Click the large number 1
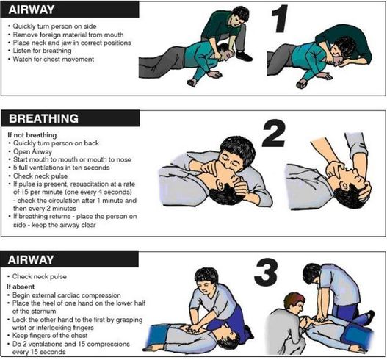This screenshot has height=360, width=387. point(280,19)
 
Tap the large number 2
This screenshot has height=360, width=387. point(274,133)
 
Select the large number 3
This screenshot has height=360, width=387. point(266,273)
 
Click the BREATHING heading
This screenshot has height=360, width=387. point(43,118)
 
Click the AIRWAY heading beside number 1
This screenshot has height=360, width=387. point(32,10)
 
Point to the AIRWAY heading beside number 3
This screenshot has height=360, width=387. point(31,260)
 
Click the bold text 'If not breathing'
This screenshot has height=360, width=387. point(32,135)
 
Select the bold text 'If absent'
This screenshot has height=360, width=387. point(21,287)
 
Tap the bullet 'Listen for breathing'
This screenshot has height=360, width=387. point(42,51)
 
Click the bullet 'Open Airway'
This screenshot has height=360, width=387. point(32,151)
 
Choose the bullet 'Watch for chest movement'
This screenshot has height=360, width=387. point(54,60)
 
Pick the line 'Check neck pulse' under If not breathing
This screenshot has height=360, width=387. point(40,176)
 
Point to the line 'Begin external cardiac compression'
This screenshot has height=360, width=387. point(66,295)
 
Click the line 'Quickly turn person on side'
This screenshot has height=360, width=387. point(54,26)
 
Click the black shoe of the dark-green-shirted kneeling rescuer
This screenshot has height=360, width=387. point(244,56)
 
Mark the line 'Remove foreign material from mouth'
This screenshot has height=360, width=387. point(68,35)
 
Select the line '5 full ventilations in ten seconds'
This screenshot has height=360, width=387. point(62,168)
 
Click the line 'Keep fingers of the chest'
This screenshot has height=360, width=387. point(50,336)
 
